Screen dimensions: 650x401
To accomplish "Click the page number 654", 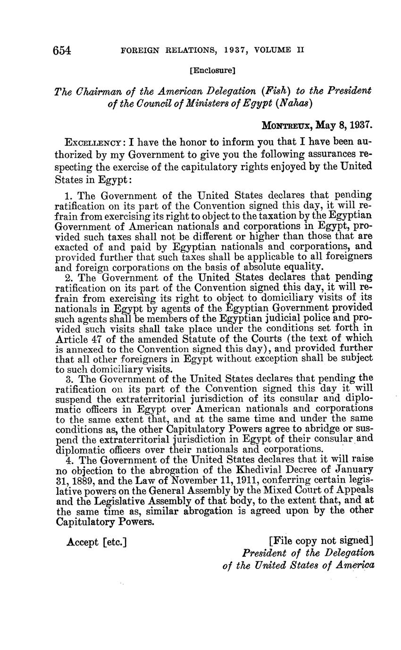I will click(62, 50).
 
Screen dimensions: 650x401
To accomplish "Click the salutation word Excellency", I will click(95, 142).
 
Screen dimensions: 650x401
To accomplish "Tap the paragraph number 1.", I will click(67, 195).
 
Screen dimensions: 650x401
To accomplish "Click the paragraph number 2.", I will click(67, 278).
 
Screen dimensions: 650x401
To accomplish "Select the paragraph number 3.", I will click(67, 378).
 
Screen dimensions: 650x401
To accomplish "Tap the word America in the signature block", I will click(355, 565).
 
